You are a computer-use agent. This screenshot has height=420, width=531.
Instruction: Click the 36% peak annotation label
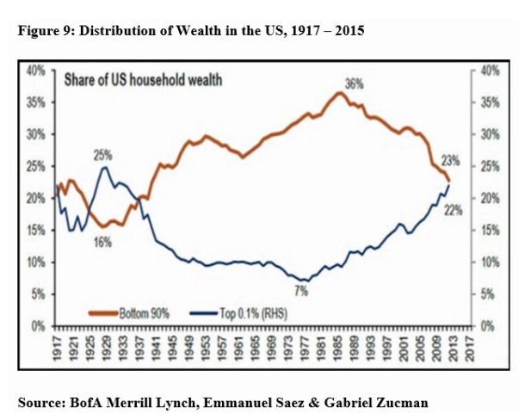[354, 83]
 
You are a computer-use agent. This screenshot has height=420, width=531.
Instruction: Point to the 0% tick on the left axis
[39, 326]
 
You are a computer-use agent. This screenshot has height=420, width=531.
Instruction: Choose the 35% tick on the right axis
[491, 102]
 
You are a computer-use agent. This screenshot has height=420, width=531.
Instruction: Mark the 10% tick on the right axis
[491, 262]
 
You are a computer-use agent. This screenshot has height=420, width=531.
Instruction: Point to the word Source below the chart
[40, 402]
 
